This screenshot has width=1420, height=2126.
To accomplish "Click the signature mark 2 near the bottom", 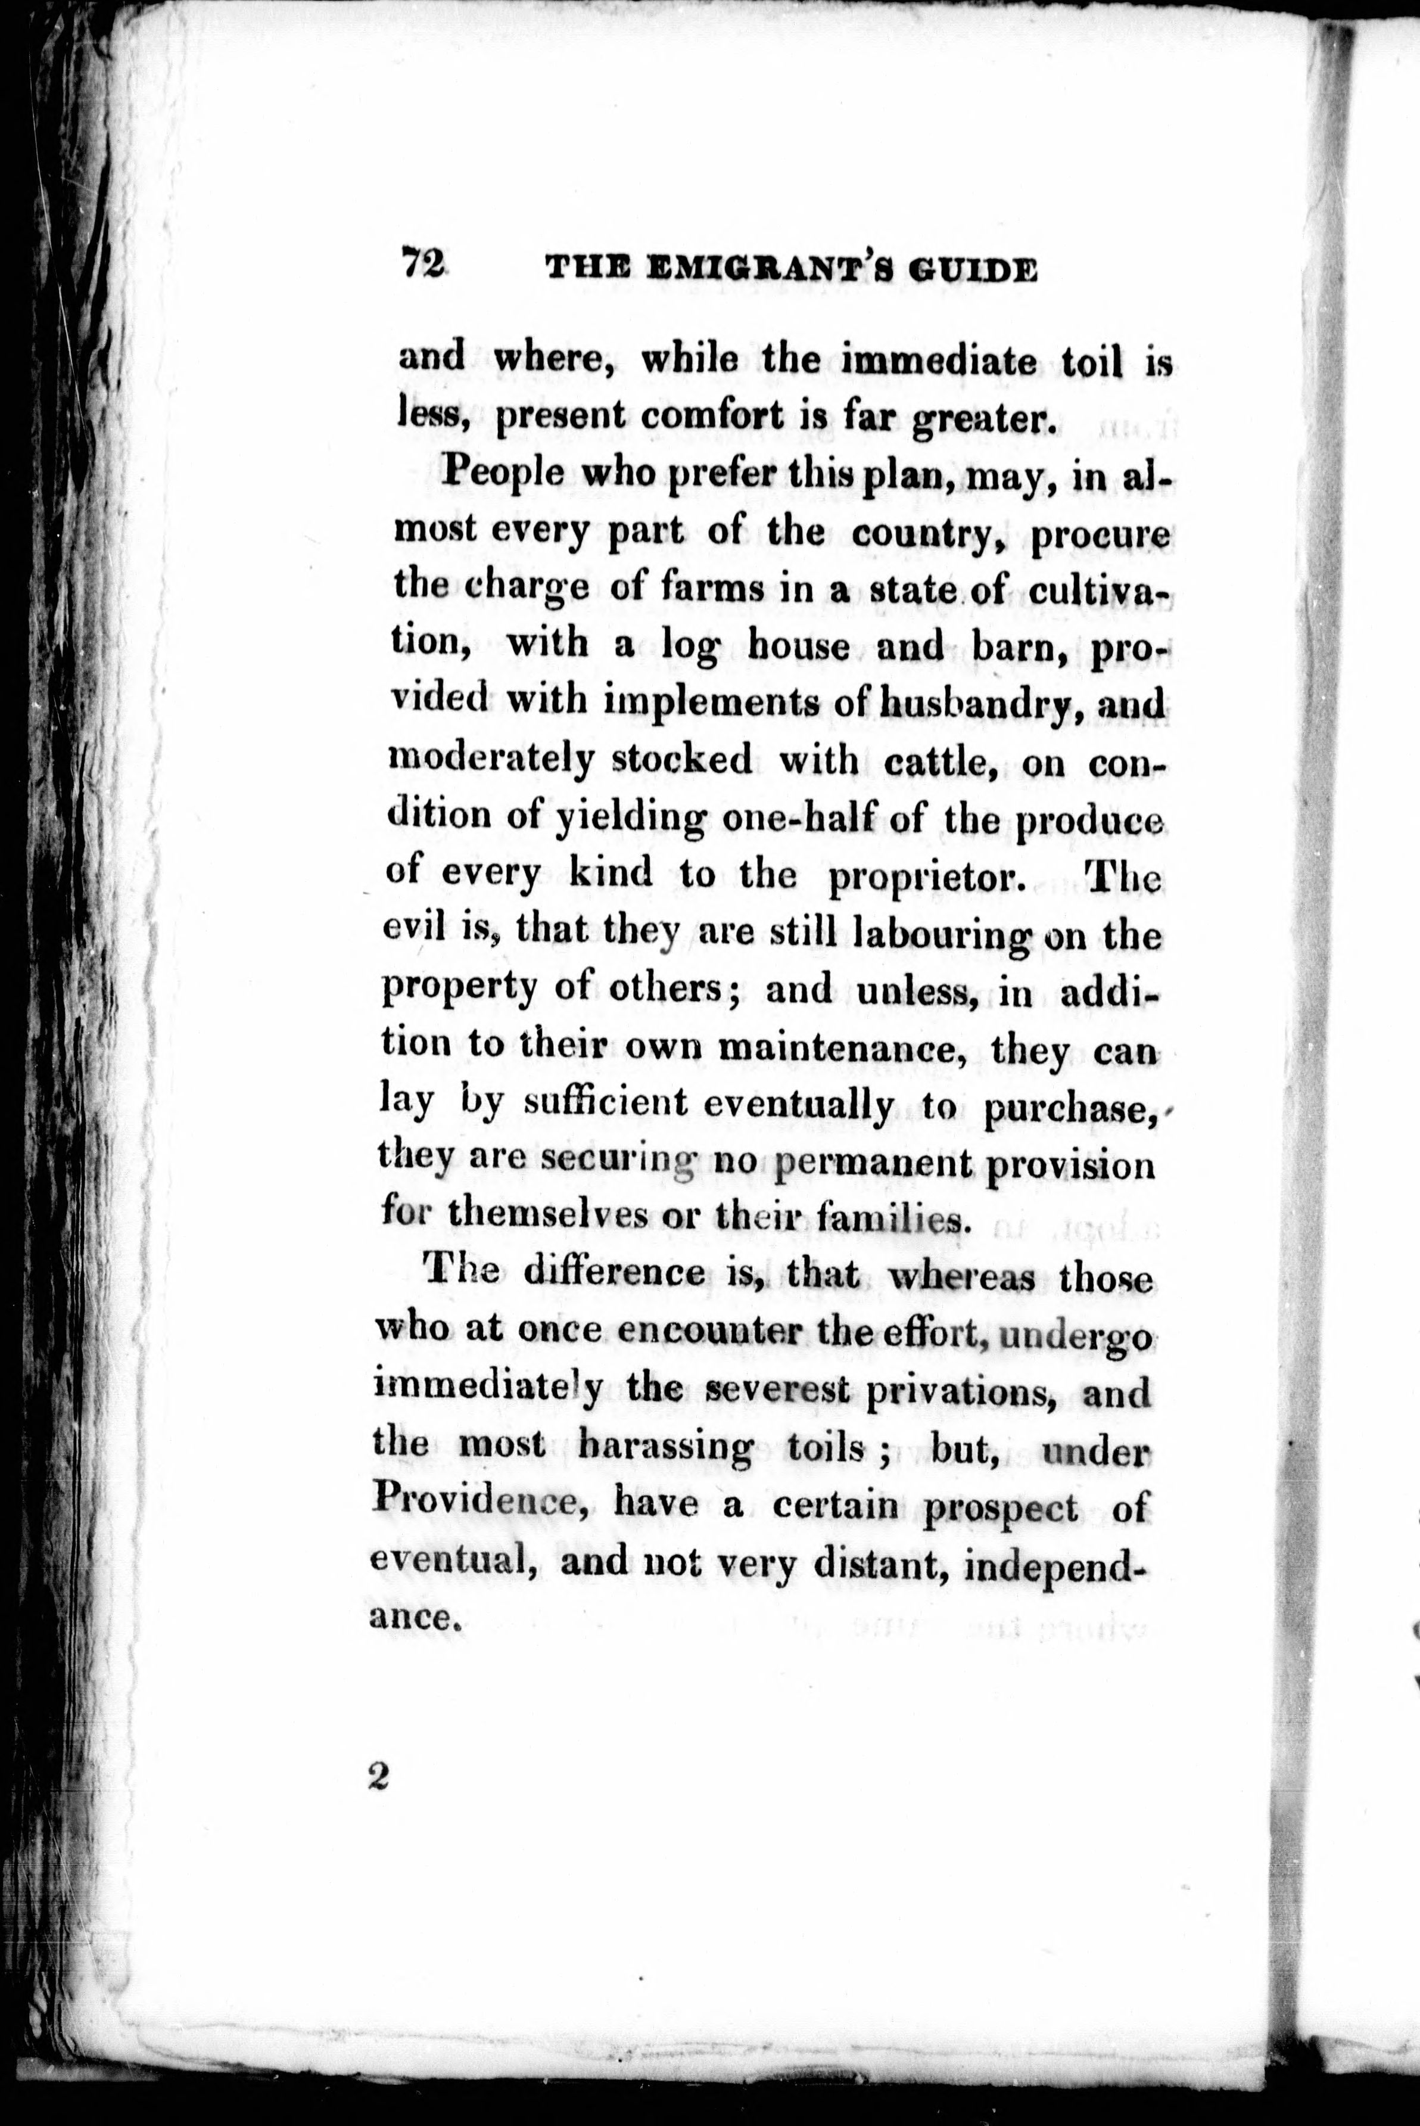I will point(378,1777).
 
